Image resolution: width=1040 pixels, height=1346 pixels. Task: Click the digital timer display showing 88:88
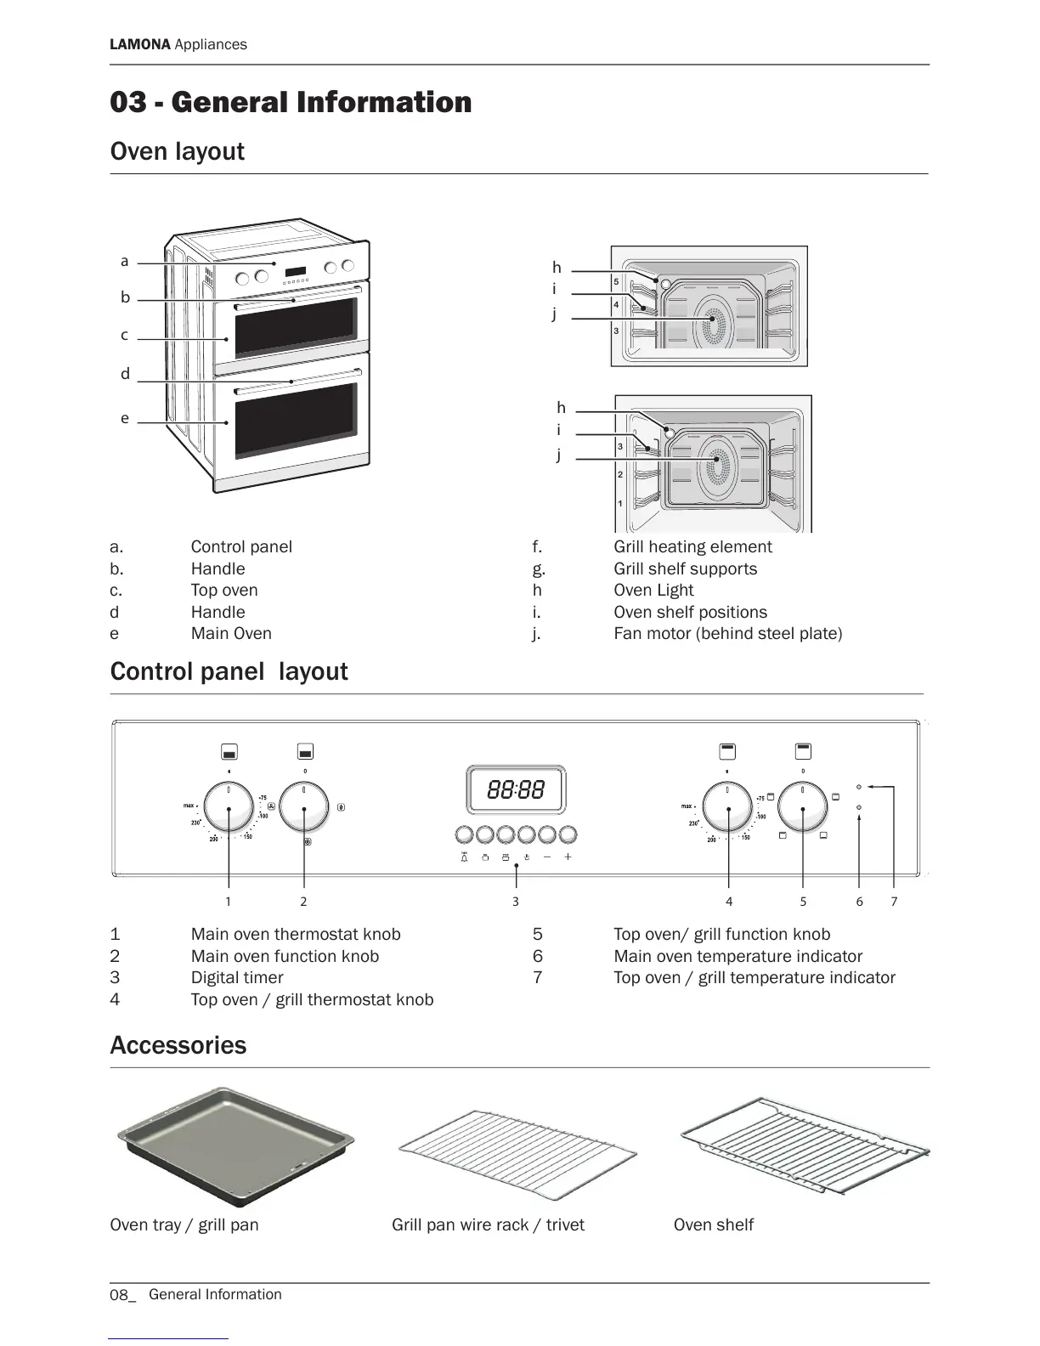516,790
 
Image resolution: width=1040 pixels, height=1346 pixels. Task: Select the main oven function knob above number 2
304,806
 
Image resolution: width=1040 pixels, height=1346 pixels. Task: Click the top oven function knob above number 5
803,806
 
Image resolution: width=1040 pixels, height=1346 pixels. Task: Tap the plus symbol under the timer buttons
568,857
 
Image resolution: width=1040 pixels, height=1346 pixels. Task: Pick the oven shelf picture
804,1146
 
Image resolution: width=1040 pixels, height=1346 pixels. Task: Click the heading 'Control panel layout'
229,671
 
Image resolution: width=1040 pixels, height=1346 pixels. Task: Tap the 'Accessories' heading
178,1045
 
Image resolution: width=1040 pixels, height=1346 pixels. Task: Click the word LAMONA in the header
140,44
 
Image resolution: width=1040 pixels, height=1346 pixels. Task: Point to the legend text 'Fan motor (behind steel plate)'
728,633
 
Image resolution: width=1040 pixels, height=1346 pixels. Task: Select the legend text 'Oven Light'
653,590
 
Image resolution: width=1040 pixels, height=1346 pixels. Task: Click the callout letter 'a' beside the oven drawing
125,261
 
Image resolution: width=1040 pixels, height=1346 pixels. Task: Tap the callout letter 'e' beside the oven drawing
125,418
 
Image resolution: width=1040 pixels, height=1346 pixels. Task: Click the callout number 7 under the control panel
894,902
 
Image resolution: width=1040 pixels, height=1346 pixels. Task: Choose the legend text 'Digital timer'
237,977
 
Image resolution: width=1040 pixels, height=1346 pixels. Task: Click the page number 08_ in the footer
122,1295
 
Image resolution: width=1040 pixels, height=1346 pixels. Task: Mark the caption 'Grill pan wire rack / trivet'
488,1224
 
